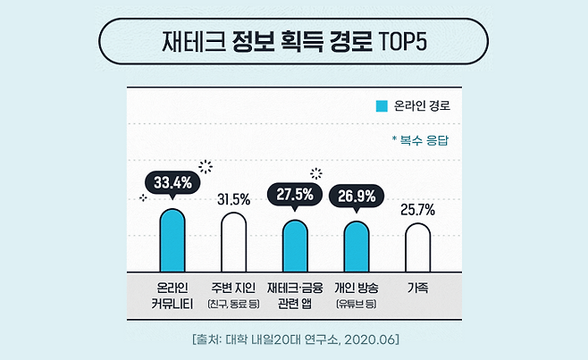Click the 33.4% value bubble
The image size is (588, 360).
coord(173,183)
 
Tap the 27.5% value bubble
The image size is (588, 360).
coord(295,196)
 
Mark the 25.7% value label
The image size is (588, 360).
coord(417,210)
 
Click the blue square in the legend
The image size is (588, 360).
coord(382,105)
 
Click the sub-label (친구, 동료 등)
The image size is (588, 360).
coord(233,304)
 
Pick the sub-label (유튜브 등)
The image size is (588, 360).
coord(357,304)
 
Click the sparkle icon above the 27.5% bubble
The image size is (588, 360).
coord(315,173)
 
